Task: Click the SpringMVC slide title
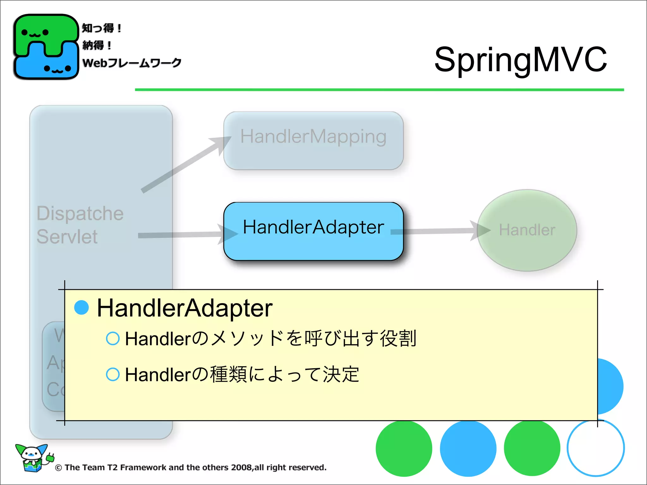click(x=520, y=59)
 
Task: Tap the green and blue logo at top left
click(x=46, y=47)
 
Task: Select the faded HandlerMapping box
click(x=313, y=141)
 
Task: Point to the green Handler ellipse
click(x=527, y=230)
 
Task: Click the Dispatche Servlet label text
click(x=80, y=225)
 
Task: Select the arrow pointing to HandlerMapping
click(x=186, y=164)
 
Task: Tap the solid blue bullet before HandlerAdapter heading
click(x=82, y=308)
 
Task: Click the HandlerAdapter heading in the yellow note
click(x=184, y=308)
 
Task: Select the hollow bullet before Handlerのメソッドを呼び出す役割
click(x=113, y=338)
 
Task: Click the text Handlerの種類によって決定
click(x=242, y=374)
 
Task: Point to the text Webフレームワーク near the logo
click(x=132, y=63)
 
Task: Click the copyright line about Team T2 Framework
click(x=191, y=467)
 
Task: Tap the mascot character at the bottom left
click(x=33, y=458)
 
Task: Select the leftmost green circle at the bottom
click(x=404, y=448)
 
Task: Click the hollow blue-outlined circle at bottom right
click(x=596, y=448)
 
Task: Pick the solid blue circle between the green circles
click(x=468, y=448)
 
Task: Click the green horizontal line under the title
click(x=379, y=90)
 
